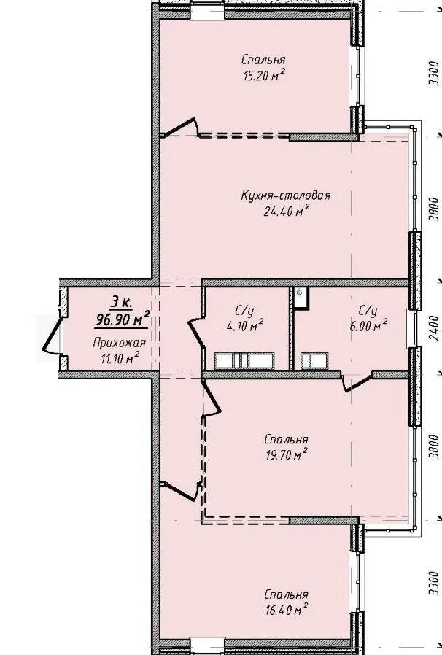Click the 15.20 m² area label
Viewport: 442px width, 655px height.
[x=264, y=76]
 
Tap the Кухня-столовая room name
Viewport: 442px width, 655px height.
[x=286, y=195]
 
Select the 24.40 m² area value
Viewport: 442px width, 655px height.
[x=286, y=211]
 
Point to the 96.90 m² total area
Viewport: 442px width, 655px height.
[x=123, y=319]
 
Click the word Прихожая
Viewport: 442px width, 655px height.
[x=120, y=344]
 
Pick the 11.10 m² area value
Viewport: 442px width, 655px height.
[x=120, y=358]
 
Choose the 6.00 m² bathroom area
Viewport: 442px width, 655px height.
[x=368, y=325]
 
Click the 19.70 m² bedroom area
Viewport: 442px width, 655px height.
[x=287, y=454]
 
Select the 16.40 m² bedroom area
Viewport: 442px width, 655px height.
[x=287, y=610]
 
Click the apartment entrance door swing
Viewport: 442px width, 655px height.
[x=52, y=336]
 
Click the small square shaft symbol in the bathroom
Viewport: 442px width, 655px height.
[x=301, y=298]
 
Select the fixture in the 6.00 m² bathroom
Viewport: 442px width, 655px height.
[x=314, y=361]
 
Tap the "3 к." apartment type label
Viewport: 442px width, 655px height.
[x=122, y=301]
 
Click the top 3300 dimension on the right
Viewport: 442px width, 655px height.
[x=434, y=73]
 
